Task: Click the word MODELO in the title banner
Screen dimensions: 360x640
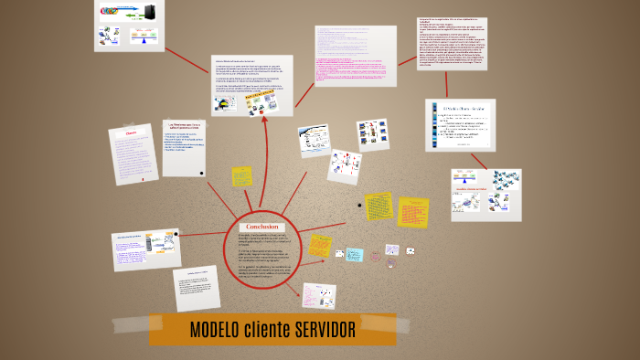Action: pos(215,330)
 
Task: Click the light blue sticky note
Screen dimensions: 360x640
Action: pos(355,255)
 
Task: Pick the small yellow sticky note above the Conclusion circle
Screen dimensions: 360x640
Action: pos(241,175)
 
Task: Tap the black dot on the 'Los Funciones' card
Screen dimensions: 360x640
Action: pos(200,172)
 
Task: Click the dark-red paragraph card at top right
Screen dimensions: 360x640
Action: pos(452,43)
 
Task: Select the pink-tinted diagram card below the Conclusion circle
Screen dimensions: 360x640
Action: pos(319,295)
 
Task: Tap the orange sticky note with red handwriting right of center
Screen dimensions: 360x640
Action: pos(412,211)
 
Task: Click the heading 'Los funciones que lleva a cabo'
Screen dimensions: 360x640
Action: pos(184,125)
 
